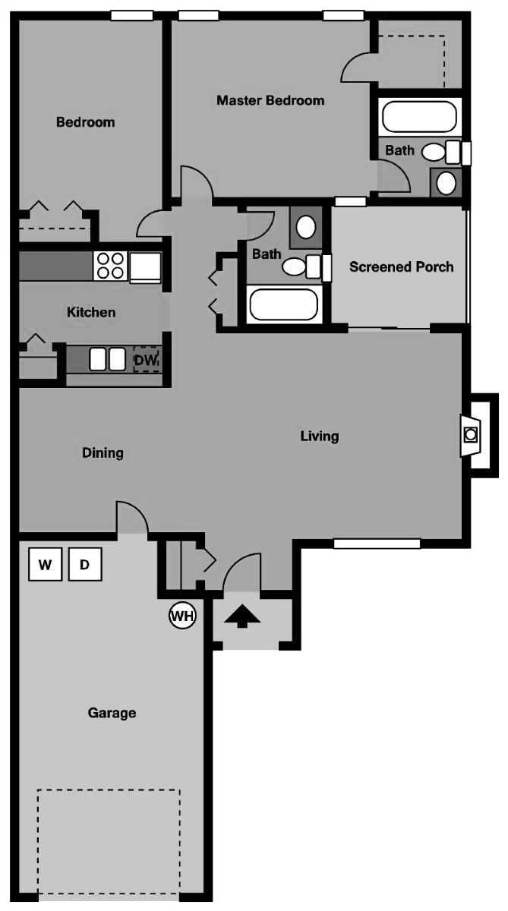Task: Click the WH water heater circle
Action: [182, 616]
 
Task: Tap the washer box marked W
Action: [45, 564]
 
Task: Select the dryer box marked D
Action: [85, 564]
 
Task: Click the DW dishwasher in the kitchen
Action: [146, 360]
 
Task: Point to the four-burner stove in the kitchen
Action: [111, 266]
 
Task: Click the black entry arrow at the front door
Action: [242, 616]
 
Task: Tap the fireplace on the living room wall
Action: [470, 435]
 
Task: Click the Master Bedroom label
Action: [270, 100]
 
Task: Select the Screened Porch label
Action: [402, 266]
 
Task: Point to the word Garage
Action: [112, 713]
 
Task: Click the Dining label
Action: [103, 453]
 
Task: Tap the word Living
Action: [320, 437]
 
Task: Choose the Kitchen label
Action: [91, 312]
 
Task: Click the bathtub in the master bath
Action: [420, 117]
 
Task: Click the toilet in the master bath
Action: [441, 152]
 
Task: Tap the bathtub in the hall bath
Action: [283, 304]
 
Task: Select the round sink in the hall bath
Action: [306, 227]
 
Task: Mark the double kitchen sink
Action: [107, 359]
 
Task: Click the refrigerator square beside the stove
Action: [145, 267]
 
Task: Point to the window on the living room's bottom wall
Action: [377, 544]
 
